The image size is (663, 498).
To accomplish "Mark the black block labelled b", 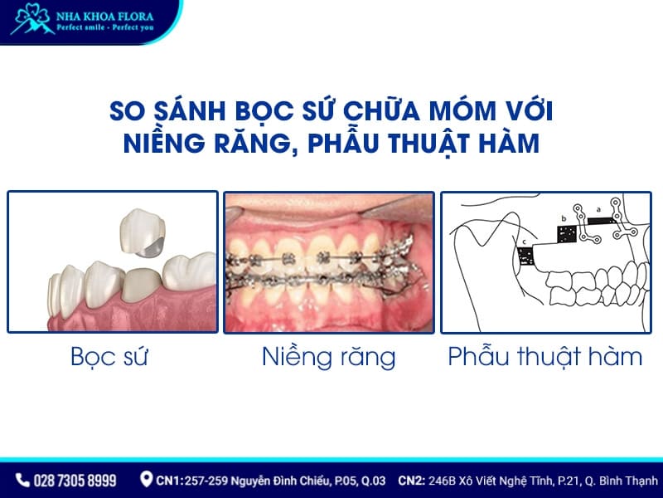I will (567, 233).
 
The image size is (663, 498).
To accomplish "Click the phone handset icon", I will (22, 480).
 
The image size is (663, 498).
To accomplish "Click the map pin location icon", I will (147, 480).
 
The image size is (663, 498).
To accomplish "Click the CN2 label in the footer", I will (413, 480).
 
